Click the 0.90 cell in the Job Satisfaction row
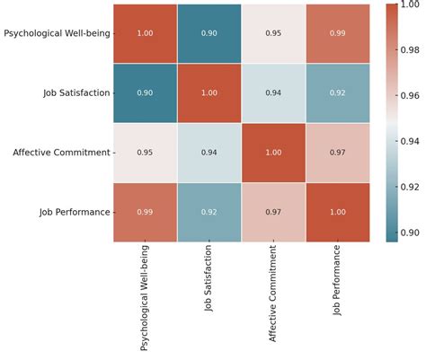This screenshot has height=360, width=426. pyautogui.click(x=146, y=92)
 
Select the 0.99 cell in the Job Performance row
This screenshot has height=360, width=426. pyautogui.click(x=146, y=212)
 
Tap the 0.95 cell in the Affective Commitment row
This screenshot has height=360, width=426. pyautogui.click(x=146, y=153)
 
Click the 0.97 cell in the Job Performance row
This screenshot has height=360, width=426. pyautogui.click(x=274, y=212)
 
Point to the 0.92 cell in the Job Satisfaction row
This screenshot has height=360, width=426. pyautogui.click(x=338, y=92)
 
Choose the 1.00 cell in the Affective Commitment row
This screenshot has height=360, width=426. pyautogui.click(x=274, y=153)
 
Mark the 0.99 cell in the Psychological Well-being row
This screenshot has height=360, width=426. pyautogui.click(x=338, y=33)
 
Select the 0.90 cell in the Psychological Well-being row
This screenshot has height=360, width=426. pyautogui.click(x=209, y=33)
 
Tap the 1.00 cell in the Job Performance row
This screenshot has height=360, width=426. pyautogui.click(x=338, y=212)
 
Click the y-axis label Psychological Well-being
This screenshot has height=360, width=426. pyautogui.click(x=56, y=34)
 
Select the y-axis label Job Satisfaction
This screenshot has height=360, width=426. pyautogui.click(x=75, y=93)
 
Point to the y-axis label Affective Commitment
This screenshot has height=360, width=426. pyautogui.click(x=60, y=153)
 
